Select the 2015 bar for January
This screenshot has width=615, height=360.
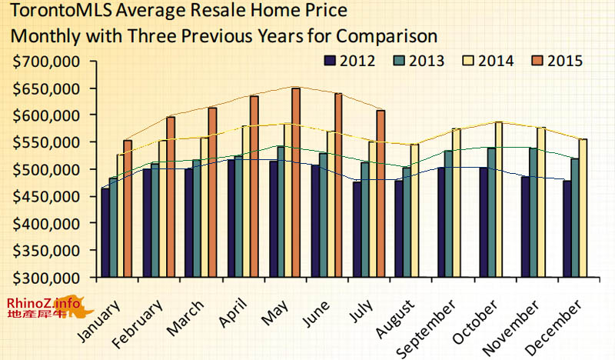128,208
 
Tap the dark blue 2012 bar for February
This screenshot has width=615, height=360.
147,223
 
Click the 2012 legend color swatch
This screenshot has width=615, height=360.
331,62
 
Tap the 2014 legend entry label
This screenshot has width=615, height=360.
497,62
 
